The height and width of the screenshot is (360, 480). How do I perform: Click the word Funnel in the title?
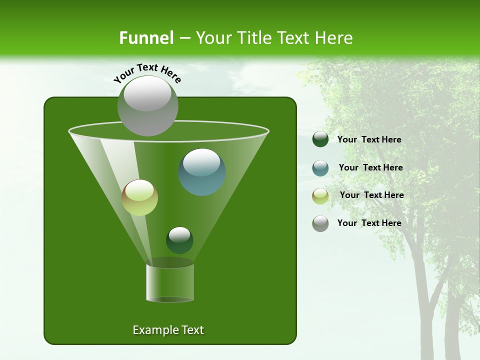(x=146, y=38)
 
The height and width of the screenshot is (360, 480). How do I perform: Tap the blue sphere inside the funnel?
(x=202, y=172)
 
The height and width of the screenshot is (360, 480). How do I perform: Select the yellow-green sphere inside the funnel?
(x=140, y=197)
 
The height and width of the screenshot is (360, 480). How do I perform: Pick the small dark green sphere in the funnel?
(x=179, y=240)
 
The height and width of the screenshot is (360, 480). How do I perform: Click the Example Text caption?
(x=168, y=330)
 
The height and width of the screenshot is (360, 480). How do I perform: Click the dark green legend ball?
(x=320, y=139)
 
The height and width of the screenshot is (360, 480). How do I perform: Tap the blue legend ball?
(x=320, y=168)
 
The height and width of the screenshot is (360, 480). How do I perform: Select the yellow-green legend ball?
(x=320, y=195)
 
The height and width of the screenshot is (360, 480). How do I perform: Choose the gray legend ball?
(x=320, y=223)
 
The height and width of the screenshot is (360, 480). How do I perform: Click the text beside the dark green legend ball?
(x=369, y=140)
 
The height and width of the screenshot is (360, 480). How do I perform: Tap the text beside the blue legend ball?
(x=370, y=168)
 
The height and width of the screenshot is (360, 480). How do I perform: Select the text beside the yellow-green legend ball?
(x=371, y=195)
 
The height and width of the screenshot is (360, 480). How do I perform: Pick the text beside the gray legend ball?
(x=369, y=223)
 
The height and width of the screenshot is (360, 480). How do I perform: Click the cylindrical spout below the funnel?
(x=170, y=282)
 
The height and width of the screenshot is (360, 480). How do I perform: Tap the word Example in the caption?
(x=152, y=330)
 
